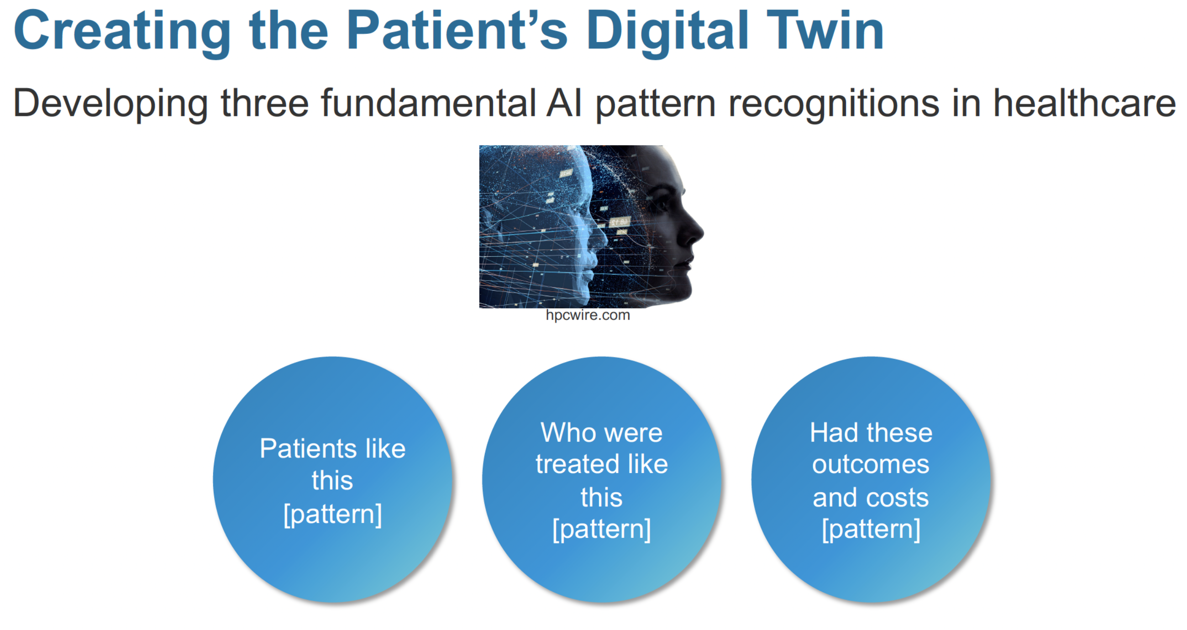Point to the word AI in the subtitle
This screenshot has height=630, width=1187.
[563, 103]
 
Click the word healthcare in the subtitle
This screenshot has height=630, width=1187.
[1084, 103]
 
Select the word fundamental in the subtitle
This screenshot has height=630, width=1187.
[428, 103]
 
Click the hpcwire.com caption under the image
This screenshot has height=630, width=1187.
[588, 315]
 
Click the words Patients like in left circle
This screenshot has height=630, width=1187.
[332, 448]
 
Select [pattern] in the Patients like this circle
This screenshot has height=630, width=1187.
[332, 514]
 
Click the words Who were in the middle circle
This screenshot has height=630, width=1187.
[601, 433]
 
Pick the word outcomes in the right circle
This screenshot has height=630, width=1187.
[871, 464]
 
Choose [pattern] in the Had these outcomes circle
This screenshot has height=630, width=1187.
[871, 529]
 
